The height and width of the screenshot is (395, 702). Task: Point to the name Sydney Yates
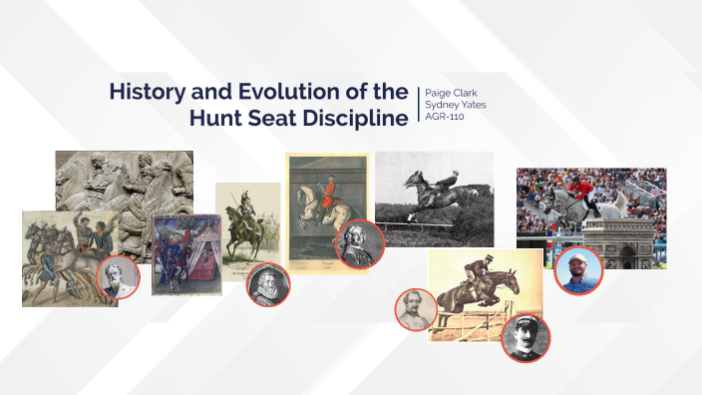coord(456,104)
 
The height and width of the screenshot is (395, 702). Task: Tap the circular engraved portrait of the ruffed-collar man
coord(267,284)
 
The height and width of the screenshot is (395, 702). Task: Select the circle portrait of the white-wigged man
coord(355,244)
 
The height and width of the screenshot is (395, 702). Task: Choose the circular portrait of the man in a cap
coord(578,270)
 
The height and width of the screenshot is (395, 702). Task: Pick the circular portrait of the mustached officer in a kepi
coord(526,339)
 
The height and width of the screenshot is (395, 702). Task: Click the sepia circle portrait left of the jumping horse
coord(417,309)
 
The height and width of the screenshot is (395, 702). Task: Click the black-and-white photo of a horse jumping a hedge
coord(434,197)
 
